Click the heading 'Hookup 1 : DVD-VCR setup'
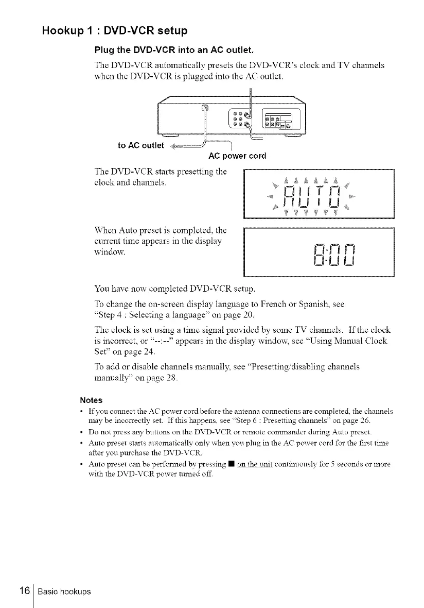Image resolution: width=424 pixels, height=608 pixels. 115,31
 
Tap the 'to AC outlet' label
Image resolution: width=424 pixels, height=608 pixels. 140,145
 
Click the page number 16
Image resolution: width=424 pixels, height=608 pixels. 21,591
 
